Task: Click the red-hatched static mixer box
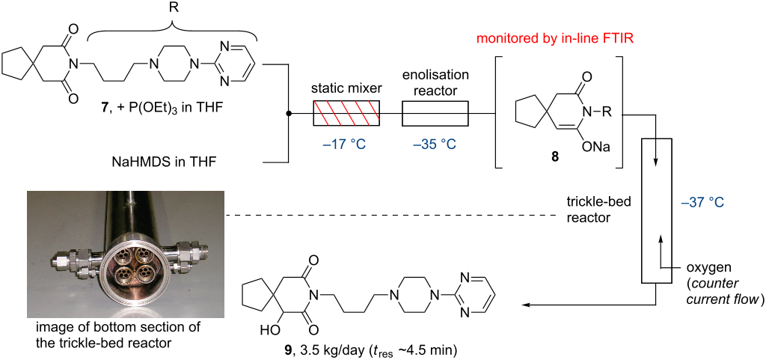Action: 345,114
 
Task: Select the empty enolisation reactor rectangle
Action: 435,114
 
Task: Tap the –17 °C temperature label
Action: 345,143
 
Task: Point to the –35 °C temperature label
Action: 435,143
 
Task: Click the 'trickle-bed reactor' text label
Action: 590,210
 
